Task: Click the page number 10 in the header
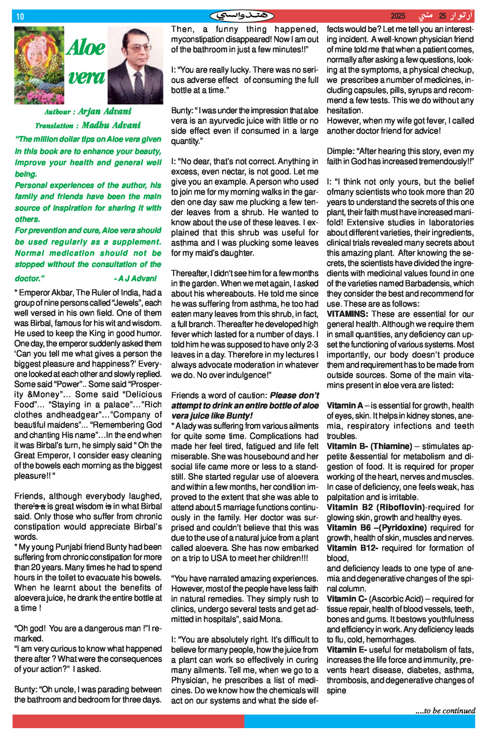[20, 17]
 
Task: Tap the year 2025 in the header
[398, 16]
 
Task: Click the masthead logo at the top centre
[242, 16]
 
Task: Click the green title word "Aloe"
[86, 48]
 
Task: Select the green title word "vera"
[86, 77]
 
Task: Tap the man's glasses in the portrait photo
[138, 48]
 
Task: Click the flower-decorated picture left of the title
[39, 65]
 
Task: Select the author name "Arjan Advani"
[105, 112]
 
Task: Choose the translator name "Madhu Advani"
[111, 125]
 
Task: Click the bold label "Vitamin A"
[344, 406]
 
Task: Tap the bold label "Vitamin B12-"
[352, 548]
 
